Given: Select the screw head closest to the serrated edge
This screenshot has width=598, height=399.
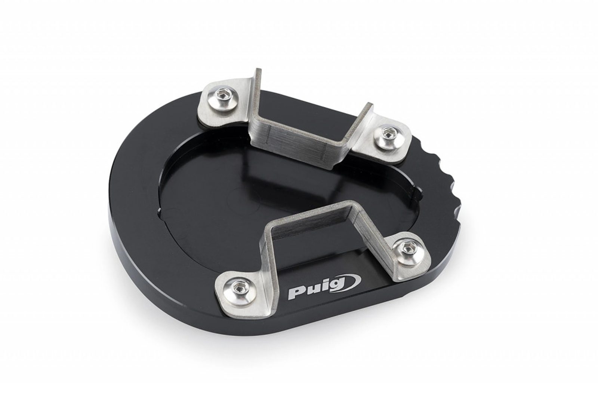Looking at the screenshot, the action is [386, 136].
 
